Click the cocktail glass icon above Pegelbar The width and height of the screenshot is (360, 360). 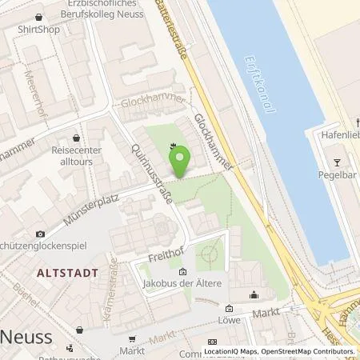click(337, 152)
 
